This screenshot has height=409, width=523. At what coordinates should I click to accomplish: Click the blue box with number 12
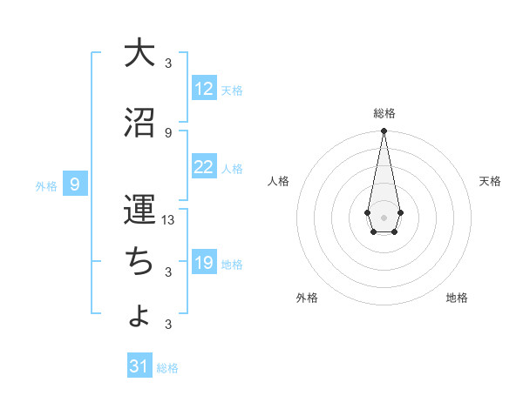[204, 89]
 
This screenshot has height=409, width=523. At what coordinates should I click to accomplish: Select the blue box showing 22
[204, 167]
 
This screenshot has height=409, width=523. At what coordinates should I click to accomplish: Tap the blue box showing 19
[204, 263]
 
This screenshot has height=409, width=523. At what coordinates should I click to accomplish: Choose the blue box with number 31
[139, 366]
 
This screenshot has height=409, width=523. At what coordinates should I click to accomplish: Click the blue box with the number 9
[75, 184]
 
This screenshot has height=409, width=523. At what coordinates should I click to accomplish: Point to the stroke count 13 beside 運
[169, 219]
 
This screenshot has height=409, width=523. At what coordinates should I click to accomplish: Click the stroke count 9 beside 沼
[168, 132]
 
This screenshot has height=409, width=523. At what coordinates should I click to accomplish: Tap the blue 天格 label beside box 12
[231, 90]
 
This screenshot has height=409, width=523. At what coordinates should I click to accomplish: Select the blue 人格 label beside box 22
[231, 168]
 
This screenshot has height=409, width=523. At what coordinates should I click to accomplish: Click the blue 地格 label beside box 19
[231, 264]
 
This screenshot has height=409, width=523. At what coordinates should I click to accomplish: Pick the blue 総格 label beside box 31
[167, 367]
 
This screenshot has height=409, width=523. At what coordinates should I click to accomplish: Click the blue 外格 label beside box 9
[46, 185]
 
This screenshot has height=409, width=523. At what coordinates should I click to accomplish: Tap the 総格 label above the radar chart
[384, 113]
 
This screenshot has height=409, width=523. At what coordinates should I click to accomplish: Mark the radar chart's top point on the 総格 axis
[384, 131]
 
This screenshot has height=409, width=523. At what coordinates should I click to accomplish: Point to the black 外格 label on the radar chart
[307, 298]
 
